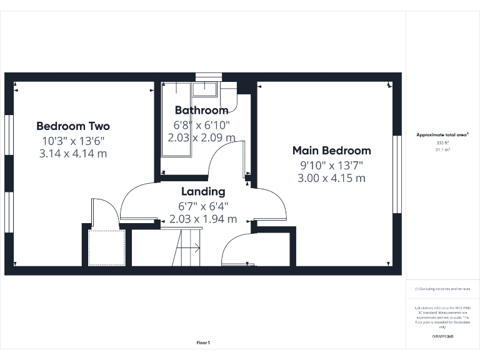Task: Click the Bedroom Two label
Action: (x=72, y=126)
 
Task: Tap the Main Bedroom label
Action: (x=332, y=151)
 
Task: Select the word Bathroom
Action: (x=201, y=111)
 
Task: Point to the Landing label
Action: (x=203, y=191)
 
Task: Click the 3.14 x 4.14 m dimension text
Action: (x=72, y=152)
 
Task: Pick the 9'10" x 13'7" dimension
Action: (x=332, y=165)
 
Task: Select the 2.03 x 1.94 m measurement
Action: (x=203, y=219)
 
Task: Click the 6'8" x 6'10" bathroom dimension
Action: (x=201, y=124)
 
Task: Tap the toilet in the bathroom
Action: (x=229, y=96)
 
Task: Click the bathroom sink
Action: (x=204, y=89)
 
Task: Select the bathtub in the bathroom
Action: (x=177, y=119)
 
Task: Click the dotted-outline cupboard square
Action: (x=106, y=247)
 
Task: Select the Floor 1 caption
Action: (x=203, y=342)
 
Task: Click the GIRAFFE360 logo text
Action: (x=442, y=336)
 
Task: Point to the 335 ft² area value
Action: (x=442, y=143)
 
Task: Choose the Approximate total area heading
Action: (x=442, y=134)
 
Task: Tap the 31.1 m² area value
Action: (x=442, y=150)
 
